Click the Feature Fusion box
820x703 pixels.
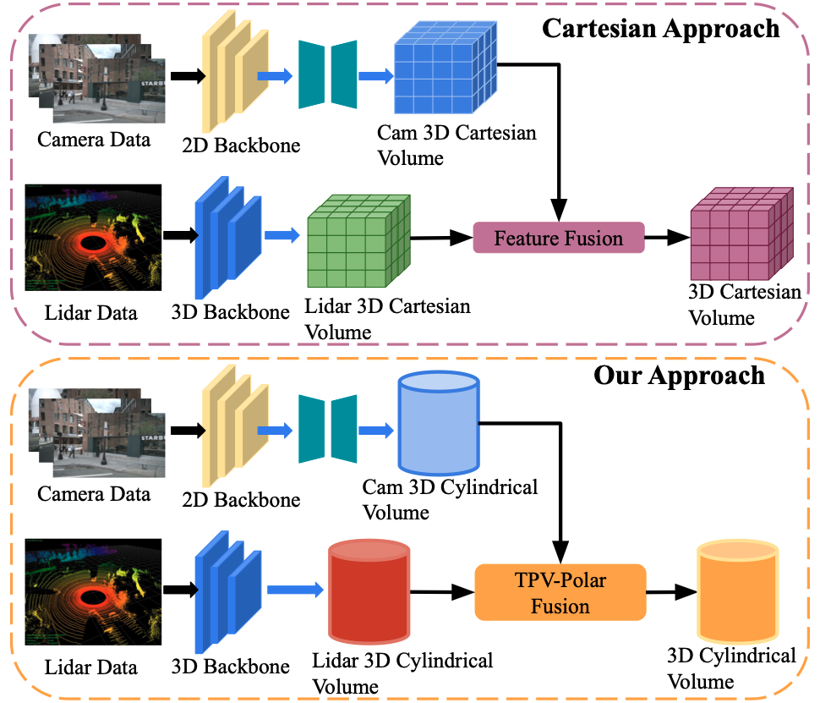(x=558, y=238)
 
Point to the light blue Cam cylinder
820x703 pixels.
(x=437, y=426)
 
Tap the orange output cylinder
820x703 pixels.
(x=734, y=592)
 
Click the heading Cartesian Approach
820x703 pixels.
(x=660, y=28)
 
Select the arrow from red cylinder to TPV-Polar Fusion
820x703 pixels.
(x=442, y=592)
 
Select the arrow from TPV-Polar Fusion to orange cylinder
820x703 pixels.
(x=670, y=592)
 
